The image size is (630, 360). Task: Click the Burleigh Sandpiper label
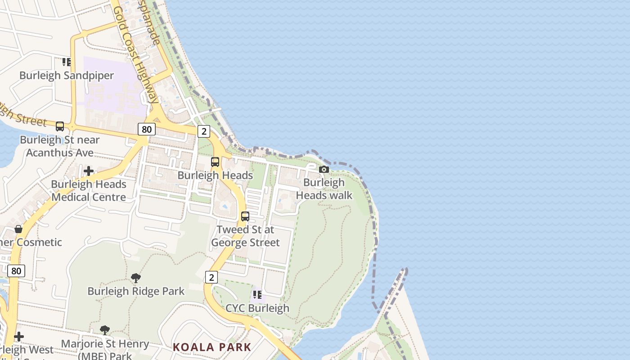(67, 75)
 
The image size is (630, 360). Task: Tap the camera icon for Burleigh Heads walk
(324, 170)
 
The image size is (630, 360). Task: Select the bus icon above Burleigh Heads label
(215, 162)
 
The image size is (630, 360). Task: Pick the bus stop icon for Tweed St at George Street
(245, 216)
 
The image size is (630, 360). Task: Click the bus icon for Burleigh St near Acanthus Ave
(60, 126)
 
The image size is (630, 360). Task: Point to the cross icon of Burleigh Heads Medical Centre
(89, 171)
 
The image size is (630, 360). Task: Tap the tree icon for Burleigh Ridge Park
(136, 278)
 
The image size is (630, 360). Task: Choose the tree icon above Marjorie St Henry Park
(105, 330)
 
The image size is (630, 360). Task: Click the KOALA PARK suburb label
(212, 347)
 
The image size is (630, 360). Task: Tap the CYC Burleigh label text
(257, 308)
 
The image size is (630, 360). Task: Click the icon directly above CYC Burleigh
(257, 295)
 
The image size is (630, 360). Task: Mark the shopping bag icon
(18, 229)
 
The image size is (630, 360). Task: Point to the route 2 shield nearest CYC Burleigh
(211, 277)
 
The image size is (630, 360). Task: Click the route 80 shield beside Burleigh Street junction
(147, 130)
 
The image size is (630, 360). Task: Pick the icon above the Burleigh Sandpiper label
(67, 62)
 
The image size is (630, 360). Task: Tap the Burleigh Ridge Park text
(136, 291)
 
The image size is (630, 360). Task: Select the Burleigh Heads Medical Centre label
(89, 191)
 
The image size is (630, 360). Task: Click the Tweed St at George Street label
(245, 236)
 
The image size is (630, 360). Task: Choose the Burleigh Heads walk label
(324, 189)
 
